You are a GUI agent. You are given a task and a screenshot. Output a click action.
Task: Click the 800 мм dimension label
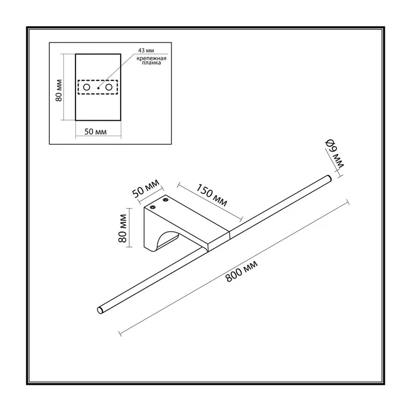pos(241,271)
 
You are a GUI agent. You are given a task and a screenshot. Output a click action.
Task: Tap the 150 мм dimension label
pos(212,195)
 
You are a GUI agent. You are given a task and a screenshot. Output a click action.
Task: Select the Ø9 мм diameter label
pos(334,154)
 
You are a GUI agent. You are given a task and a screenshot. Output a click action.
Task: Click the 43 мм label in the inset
pos(146,50)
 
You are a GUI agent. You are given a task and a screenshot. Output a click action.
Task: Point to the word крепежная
pos(152,58)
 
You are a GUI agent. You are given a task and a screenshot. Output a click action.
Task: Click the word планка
pos(152,63)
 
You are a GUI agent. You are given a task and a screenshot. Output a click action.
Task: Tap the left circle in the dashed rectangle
pos(86,87)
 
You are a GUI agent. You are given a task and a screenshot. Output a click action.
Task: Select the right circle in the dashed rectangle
pos(109,87)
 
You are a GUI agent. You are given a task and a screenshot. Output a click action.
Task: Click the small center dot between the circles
pos(98,88)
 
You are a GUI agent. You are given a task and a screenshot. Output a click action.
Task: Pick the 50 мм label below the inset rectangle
pos(96,132)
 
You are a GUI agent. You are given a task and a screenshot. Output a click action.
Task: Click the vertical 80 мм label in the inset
pos(59,90)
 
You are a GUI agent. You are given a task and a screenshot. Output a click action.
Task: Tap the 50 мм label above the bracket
pos(146,189)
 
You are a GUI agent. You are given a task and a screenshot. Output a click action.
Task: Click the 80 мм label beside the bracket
pos(123,228)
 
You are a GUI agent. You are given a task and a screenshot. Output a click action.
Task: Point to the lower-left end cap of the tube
pos(100,310)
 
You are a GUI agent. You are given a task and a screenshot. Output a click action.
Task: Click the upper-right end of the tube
pos(329,178)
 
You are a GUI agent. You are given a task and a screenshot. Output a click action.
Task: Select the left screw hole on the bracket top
pos(152,208)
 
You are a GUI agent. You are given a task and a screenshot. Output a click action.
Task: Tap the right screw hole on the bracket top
pos(165,200)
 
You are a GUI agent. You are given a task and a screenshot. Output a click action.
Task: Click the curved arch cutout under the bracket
pos(166,237)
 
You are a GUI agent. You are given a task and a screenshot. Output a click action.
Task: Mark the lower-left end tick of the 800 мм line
pos(120,333)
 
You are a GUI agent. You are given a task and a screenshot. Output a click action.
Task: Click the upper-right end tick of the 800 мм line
pos(348,202)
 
